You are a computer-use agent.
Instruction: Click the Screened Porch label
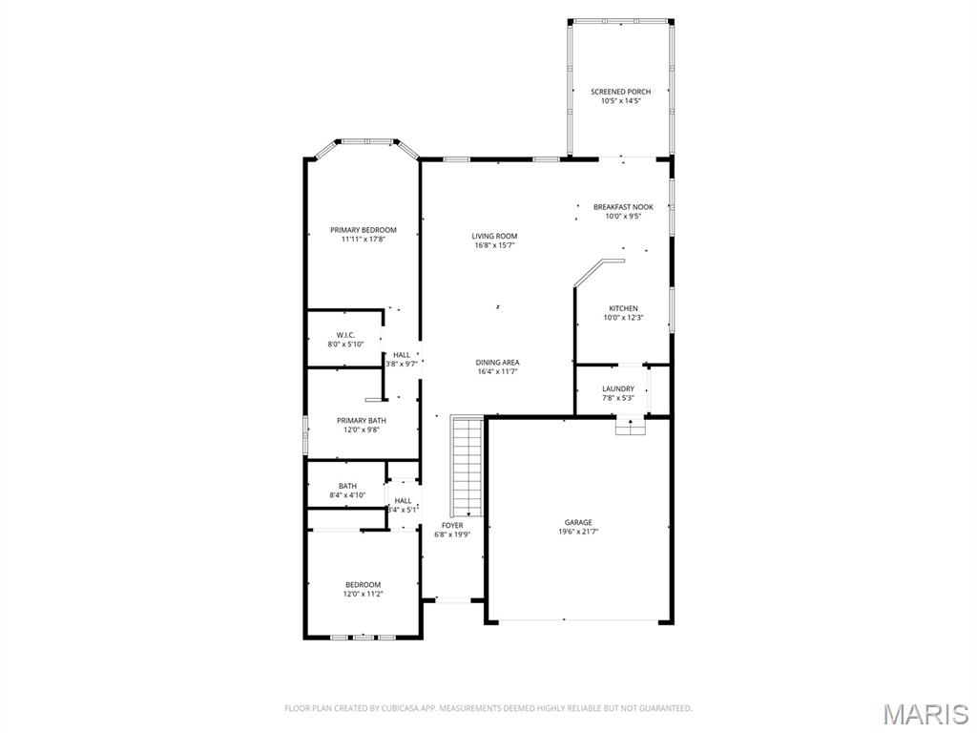tap(620, 92)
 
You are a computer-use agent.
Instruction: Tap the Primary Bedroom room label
tap(364, 230)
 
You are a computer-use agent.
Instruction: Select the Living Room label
tap(494, 237)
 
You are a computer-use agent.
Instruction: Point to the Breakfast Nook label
tap(623, 207)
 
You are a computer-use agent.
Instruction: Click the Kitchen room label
tap(624, 308)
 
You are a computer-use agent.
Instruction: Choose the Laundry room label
tap(618, 388)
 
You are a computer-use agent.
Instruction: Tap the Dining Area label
tap(497, 363)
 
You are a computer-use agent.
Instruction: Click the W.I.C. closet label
tap(345, 335)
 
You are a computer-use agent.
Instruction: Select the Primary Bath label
tap(362, 421)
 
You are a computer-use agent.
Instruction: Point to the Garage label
tap(578, 522)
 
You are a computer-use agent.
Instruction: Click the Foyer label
tap(452, 526)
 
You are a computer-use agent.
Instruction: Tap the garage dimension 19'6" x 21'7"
tap(578, 532)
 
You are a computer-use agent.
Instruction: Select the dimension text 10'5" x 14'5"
tap(620, 101)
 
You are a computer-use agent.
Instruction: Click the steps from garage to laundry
tap(630, 429)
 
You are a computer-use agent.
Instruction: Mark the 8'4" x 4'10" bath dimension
tap(347, 495)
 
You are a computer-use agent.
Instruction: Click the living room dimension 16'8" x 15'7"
tap(494, 245)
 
